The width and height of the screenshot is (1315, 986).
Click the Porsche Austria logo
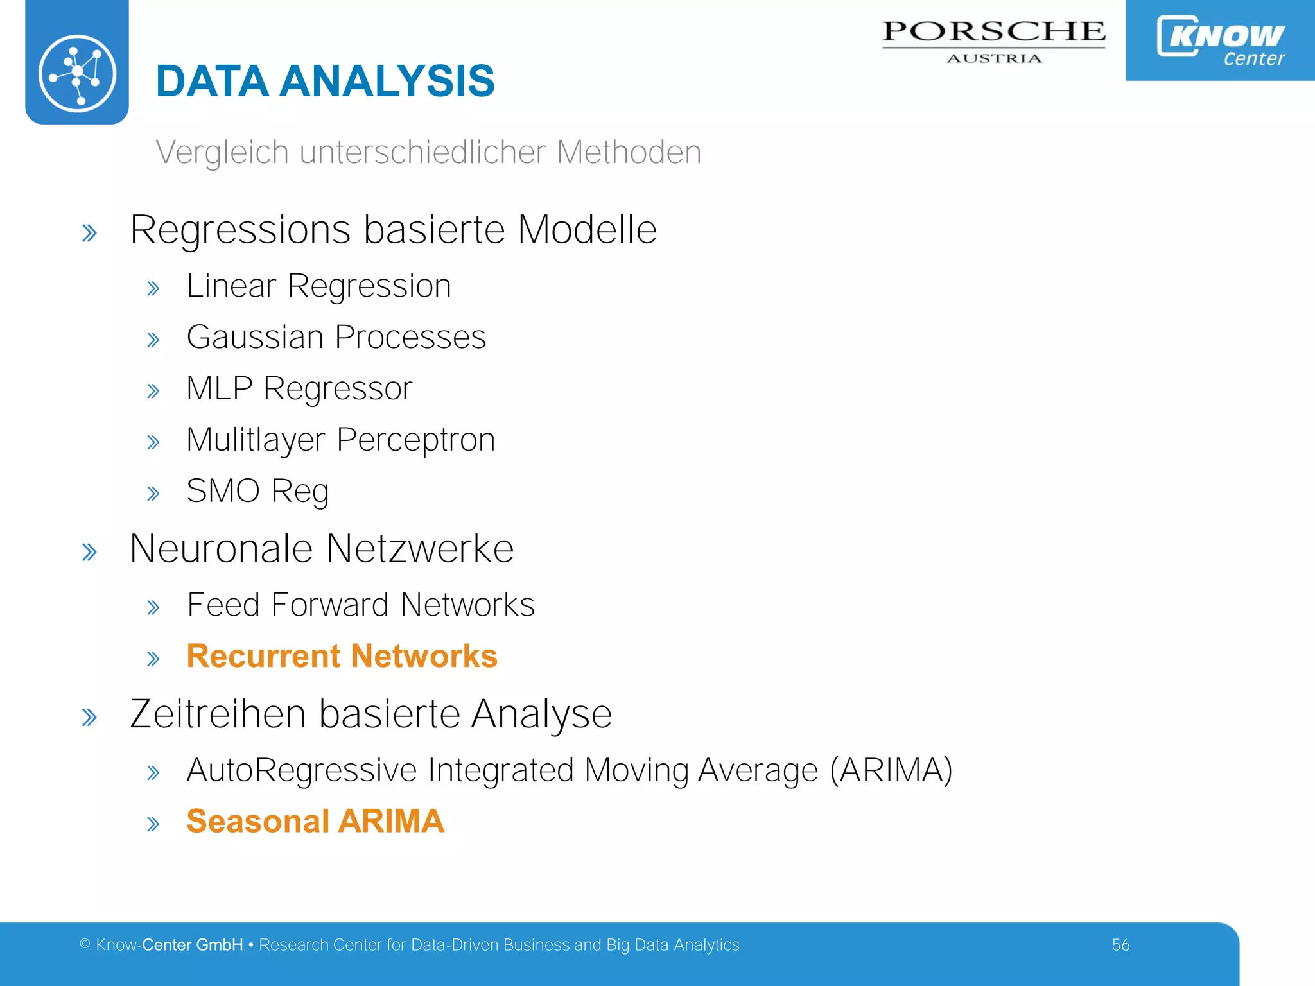[993, 40]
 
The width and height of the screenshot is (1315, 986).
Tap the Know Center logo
[1220, 40]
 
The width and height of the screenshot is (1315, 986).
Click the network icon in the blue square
[77, 73]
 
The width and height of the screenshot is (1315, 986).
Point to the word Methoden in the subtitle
[629, 153]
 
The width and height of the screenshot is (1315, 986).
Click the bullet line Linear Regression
[318, 286]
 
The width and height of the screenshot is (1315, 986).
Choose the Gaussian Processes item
[336, 338]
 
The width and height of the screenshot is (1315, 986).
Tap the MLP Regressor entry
[299, 389]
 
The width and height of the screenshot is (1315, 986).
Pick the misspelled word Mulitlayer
[256, 440]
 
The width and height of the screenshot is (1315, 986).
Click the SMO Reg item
[257, 492]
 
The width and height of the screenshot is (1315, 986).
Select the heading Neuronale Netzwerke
[321, 549]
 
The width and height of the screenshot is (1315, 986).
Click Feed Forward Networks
[360, 605]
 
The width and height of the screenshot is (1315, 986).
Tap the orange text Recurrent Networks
[342, 657]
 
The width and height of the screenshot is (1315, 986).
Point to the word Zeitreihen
[218, 714]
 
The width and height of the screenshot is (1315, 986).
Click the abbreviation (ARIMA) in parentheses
[891, 770]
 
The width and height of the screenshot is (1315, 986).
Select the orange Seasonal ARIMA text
[315, 822]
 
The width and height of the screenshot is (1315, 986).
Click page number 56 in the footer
[1120, 945]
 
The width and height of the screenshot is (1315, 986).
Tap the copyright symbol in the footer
[85, 944]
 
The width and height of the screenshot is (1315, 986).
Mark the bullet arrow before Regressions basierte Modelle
[89, 233]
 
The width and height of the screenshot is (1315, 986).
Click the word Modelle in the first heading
[587, 230]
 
